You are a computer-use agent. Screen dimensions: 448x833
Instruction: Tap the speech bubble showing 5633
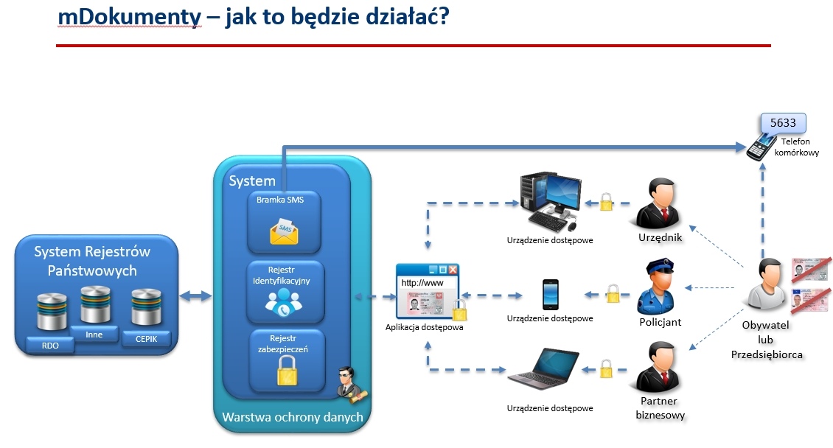coord(783,123)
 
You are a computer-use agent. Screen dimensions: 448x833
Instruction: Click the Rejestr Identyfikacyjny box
coord(285,292)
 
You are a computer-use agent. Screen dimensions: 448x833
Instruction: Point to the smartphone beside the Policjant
coord(550,294)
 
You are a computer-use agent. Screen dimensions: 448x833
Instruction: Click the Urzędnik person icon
coord(658,203)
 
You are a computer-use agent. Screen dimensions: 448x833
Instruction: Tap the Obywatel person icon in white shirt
coord(765,287)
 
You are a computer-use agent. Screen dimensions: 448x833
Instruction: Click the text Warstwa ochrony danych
coord(293,418)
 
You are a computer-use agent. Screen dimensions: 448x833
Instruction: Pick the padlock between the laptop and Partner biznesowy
coord(605,368)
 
